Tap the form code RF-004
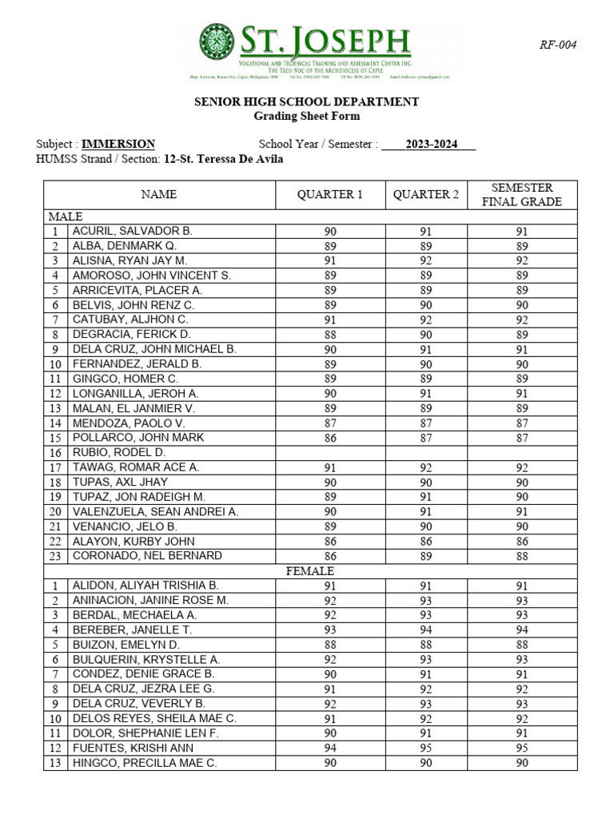click(x=557, y=45)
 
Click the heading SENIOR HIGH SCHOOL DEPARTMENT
click(x=307, y=101)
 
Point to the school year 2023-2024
click(x=429, y=145)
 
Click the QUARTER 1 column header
click(x=330, y=195)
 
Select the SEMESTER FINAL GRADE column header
click(x=521, y=195)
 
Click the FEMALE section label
click(x=310, y=571)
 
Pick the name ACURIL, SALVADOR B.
click(x=133, y=231)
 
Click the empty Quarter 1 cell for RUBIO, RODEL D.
click(x=330, y=453)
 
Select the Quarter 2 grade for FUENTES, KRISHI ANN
click(x=426, y=749)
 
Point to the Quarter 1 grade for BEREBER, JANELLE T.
click(x=330, y=630)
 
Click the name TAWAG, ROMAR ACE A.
click(x=136, y=467)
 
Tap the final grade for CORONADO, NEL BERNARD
click(x=521, y=556)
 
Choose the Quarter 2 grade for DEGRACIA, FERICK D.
click(x=426, y=335)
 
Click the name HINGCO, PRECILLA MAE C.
click(x=145, y=763)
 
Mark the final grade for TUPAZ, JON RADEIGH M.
click(x=521, y=497)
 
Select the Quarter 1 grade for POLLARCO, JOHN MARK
click(x=330, y=438)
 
